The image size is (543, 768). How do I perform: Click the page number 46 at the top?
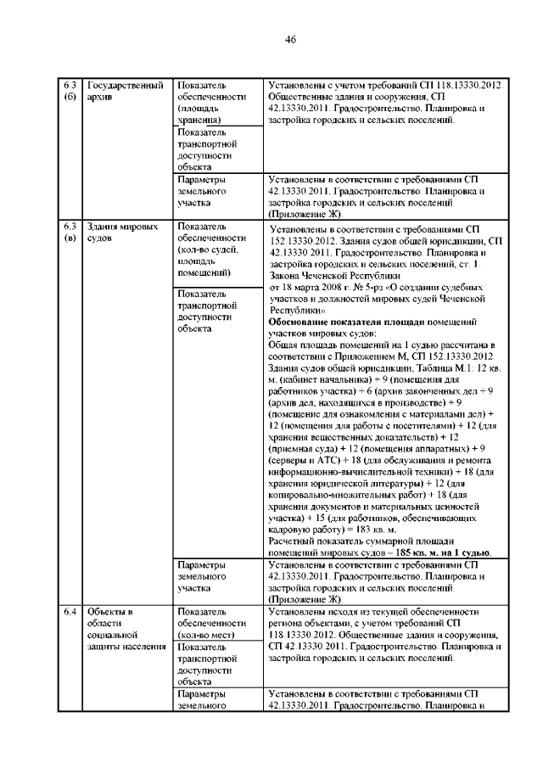tap(290, 40)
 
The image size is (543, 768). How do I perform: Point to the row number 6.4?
tap(70, 611)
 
